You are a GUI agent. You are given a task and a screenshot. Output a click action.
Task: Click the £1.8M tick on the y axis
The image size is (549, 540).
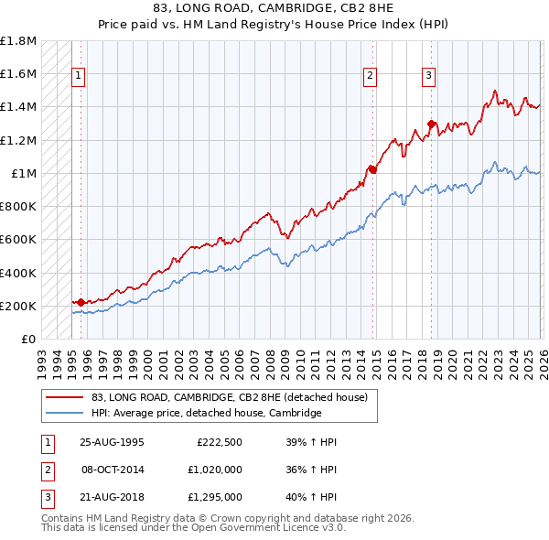pos(18,41)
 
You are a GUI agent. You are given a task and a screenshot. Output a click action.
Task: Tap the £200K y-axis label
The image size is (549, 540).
pos(18,306)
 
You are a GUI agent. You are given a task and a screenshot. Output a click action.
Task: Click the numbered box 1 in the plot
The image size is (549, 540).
pos(79,76)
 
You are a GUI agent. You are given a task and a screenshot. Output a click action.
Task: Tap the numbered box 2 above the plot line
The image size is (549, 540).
pos(371,76)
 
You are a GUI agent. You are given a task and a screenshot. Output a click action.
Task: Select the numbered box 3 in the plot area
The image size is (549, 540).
pos(428,76)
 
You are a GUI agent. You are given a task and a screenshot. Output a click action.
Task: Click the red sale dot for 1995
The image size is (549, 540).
pos(81,301)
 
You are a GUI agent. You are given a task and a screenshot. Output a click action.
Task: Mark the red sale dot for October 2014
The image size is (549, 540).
pos(373,168)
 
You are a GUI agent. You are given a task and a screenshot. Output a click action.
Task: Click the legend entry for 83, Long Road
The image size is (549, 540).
pos(229,397)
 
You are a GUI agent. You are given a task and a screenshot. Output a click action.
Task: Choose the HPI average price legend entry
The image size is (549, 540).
pos(206,413)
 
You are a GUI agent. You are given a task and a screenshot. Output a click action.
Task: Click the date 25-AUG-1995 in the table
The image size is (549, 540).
pos(111,441)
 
